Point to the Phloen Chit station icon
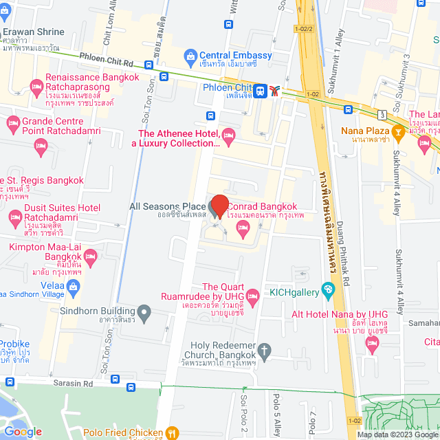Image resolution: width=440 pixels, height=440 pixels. (x=261, y=89)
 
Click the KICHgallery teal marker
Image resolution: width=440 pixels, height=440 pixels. (x=328, y=288)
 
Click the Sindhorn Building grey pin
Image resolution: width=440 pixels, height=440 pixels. (x=144, y=314)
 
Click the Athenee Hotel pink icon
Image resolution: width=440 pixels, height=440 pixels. (x=229, y=133)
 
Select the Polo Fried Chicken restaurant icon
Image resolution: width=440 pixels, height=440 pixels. (x=173, y=433)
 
